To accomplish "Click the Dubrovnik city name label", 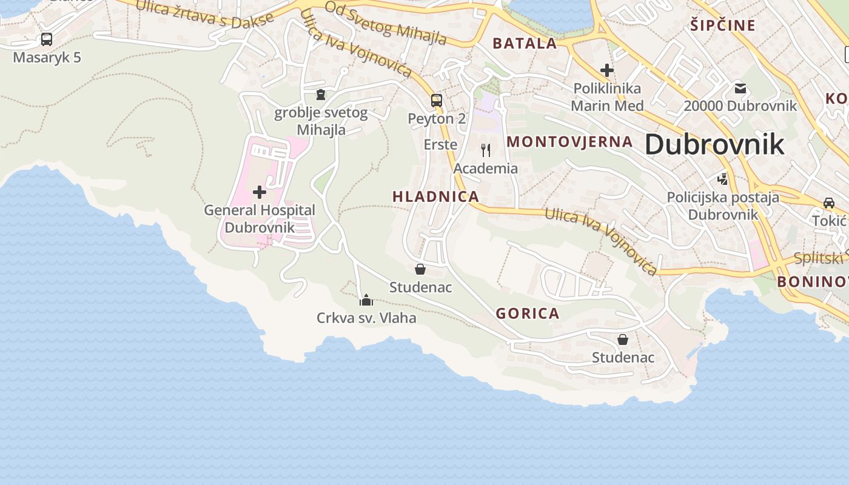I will (714, 145).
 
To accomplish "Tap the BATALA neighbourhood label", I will (525, 43).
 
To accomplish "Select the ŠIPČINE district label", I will (723, 25).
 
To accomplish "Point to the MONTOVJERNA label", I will (569, 142).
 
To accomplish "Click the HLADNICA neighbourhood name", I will (435, 196).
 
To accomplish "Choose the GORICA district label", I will (528, 313).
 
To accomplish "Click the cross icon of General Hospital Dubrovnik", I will (260, 192).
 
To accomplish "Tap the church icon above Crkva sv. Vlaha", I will (366, 300).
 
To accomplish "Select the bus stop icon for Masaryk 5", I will (47, 39).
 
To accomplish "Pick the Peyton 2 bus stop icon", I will (437, 100).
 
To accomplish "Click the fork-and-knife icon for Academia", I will (486, 150).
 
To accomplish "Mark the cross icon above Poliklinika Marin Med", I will (606, 70).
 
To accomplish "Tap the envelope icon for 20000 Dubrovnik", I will (740, 88).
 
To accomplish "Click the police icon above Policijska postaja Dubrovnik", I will (722, 179).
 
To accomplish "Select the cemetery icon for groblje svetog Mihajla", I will (321, 95).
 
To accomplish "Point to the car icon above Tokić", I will (828, 203).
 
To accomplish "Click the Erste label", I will (440, 145).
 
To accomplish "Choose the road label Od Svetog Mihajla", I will (386, 23).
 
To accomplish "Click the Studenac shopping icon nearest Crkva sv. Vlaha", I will (420, 269).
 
